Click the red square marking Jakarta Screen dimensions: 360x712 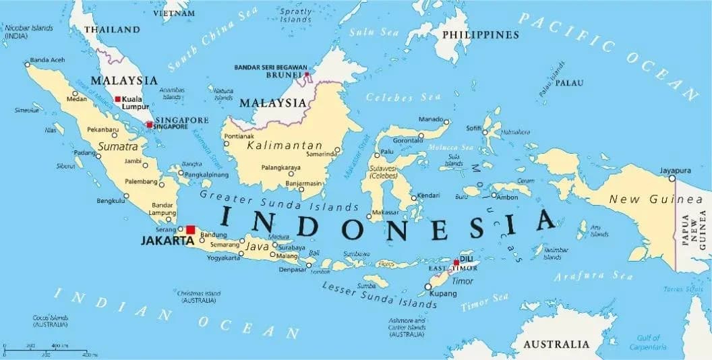point(190,230)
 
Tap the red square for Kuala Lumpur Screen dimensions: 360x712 point(118,99)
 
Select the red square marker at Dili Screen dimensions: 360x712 point(456,263)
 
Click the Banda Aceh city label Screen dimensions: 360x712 point(48,60)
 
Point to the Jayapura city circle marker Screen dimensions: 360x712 point(672,179)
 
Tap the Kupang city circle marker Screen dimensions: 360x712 point(427,287)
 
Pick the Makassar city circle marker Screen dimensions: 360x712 point(369,216)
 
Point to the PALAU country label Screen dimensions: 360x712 point(570,83)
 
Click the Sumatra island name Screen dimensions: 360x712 point(118,146)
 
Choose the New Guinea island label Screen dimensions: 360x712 point(645,199)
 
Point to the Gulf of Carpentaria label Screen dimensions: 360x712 point(648,342)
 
